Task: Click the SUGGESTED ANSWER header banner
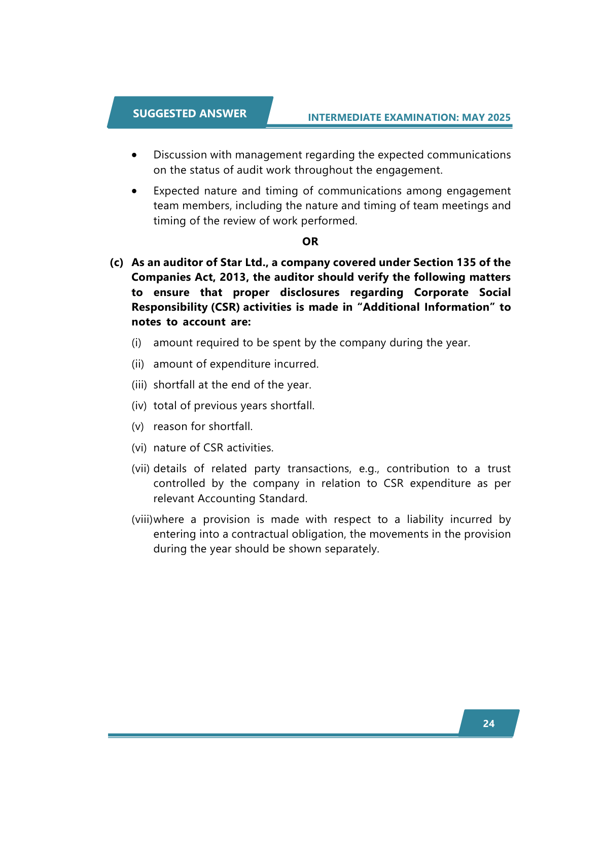tap(190, 113)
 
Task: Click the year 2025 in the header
tap(499, 118)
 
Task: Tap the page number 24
tap(488, 724)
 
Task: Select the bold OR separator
tap(310, 242)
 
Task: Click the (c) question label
tap(117, 262)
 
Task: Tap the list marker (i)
tap(136, 343)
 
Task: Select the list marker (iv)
tap(139, 406)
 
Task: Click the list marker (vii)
tap(141, 469)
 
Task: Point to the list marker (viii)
tap(142, 519)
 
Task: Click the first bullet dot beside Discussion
tap(134, 155)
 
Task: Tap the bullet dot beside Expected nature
tap(134, 191)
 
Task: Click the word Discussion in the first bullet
tap(180, 155)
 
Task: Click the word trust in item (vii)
tap(499, 469)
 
